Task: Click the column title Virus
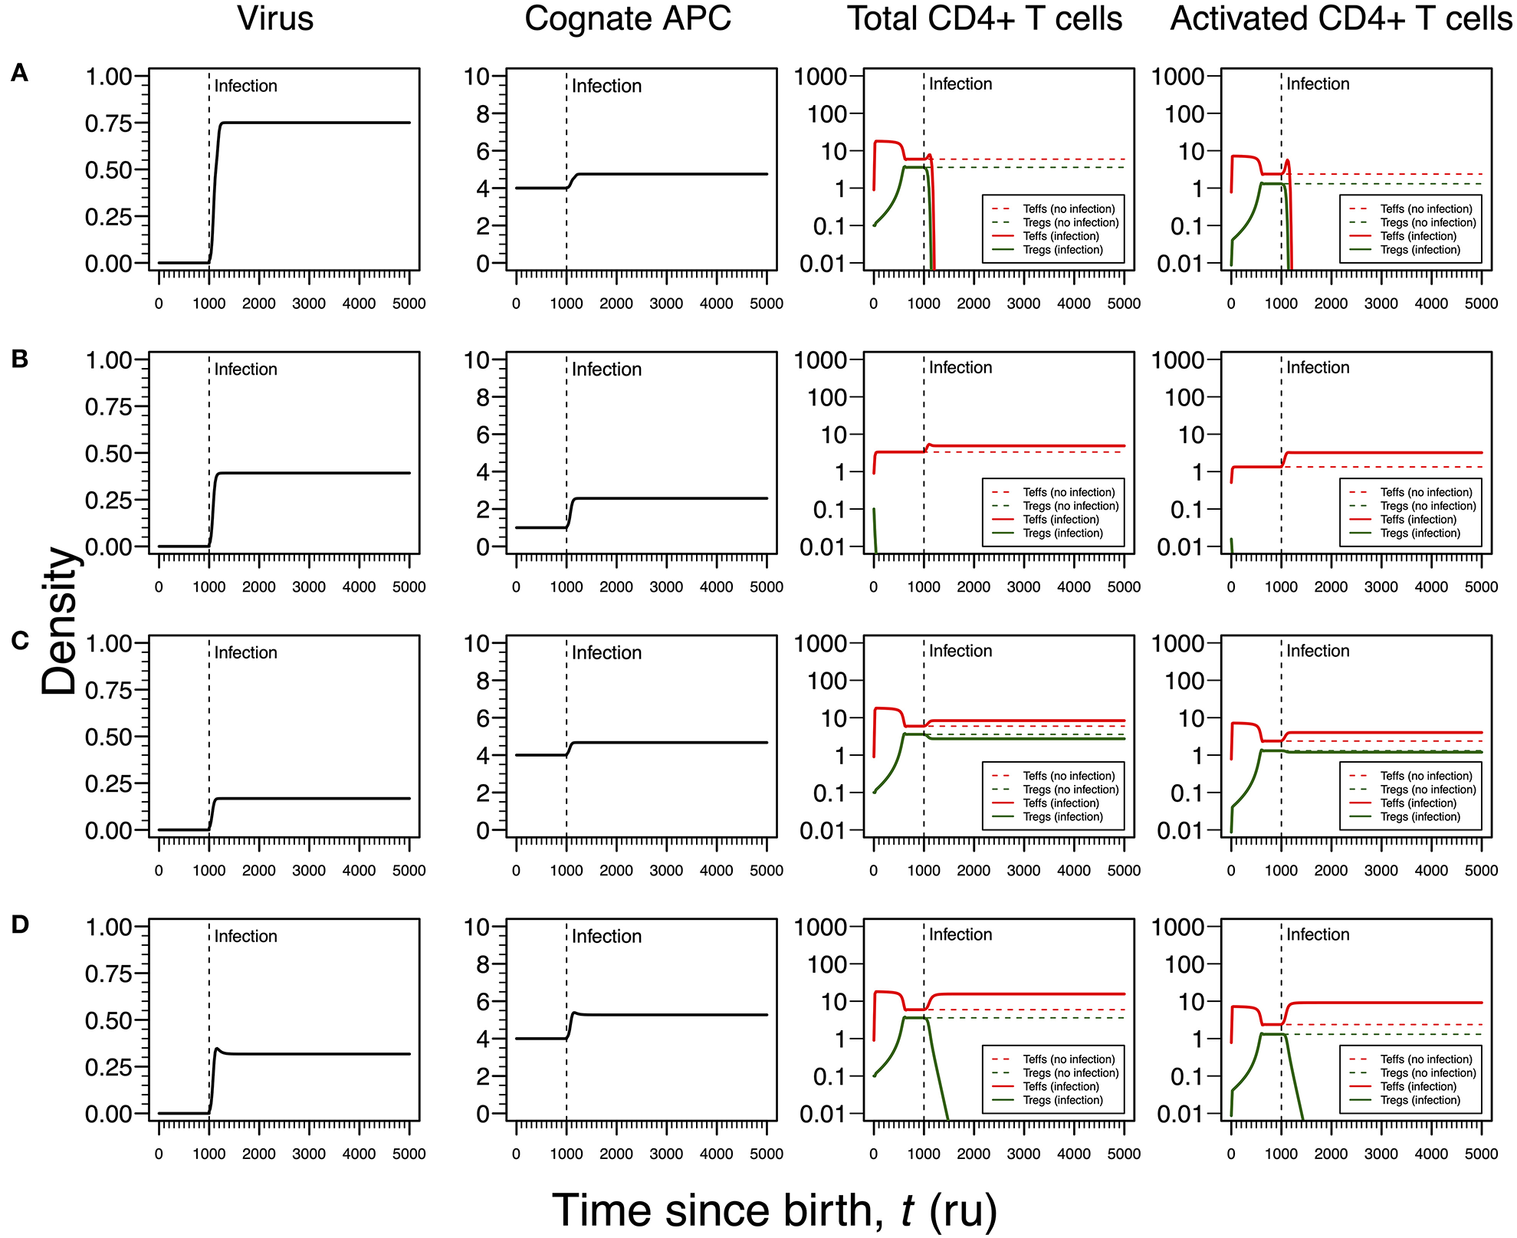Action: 275,19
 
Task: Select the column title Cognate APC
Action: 627,19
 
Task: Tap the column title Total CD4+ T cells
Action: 984,19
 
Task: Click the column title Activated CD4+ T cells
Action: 1341,19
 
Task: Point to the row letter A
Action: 20,74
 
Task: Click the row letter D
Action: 20,924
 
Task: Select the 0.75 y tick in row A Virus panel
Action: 109,123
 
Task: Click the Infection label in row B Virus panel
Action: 245,369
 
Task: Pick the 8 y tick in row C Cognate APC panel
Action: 482,681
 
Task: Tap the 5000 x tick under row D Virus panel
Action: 409,1154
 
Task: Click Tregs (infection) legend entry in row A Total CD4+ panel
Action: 1062,250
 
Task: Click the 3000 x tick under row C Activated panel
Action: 1381,871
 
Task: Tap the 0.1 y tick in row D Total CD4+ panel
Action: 832,1076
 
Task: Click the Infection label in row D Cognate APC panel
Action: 606,937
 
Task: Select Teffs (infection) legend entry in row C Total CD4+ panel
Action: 1060,803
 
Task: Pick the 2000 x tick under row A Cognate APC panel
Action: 616,304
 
